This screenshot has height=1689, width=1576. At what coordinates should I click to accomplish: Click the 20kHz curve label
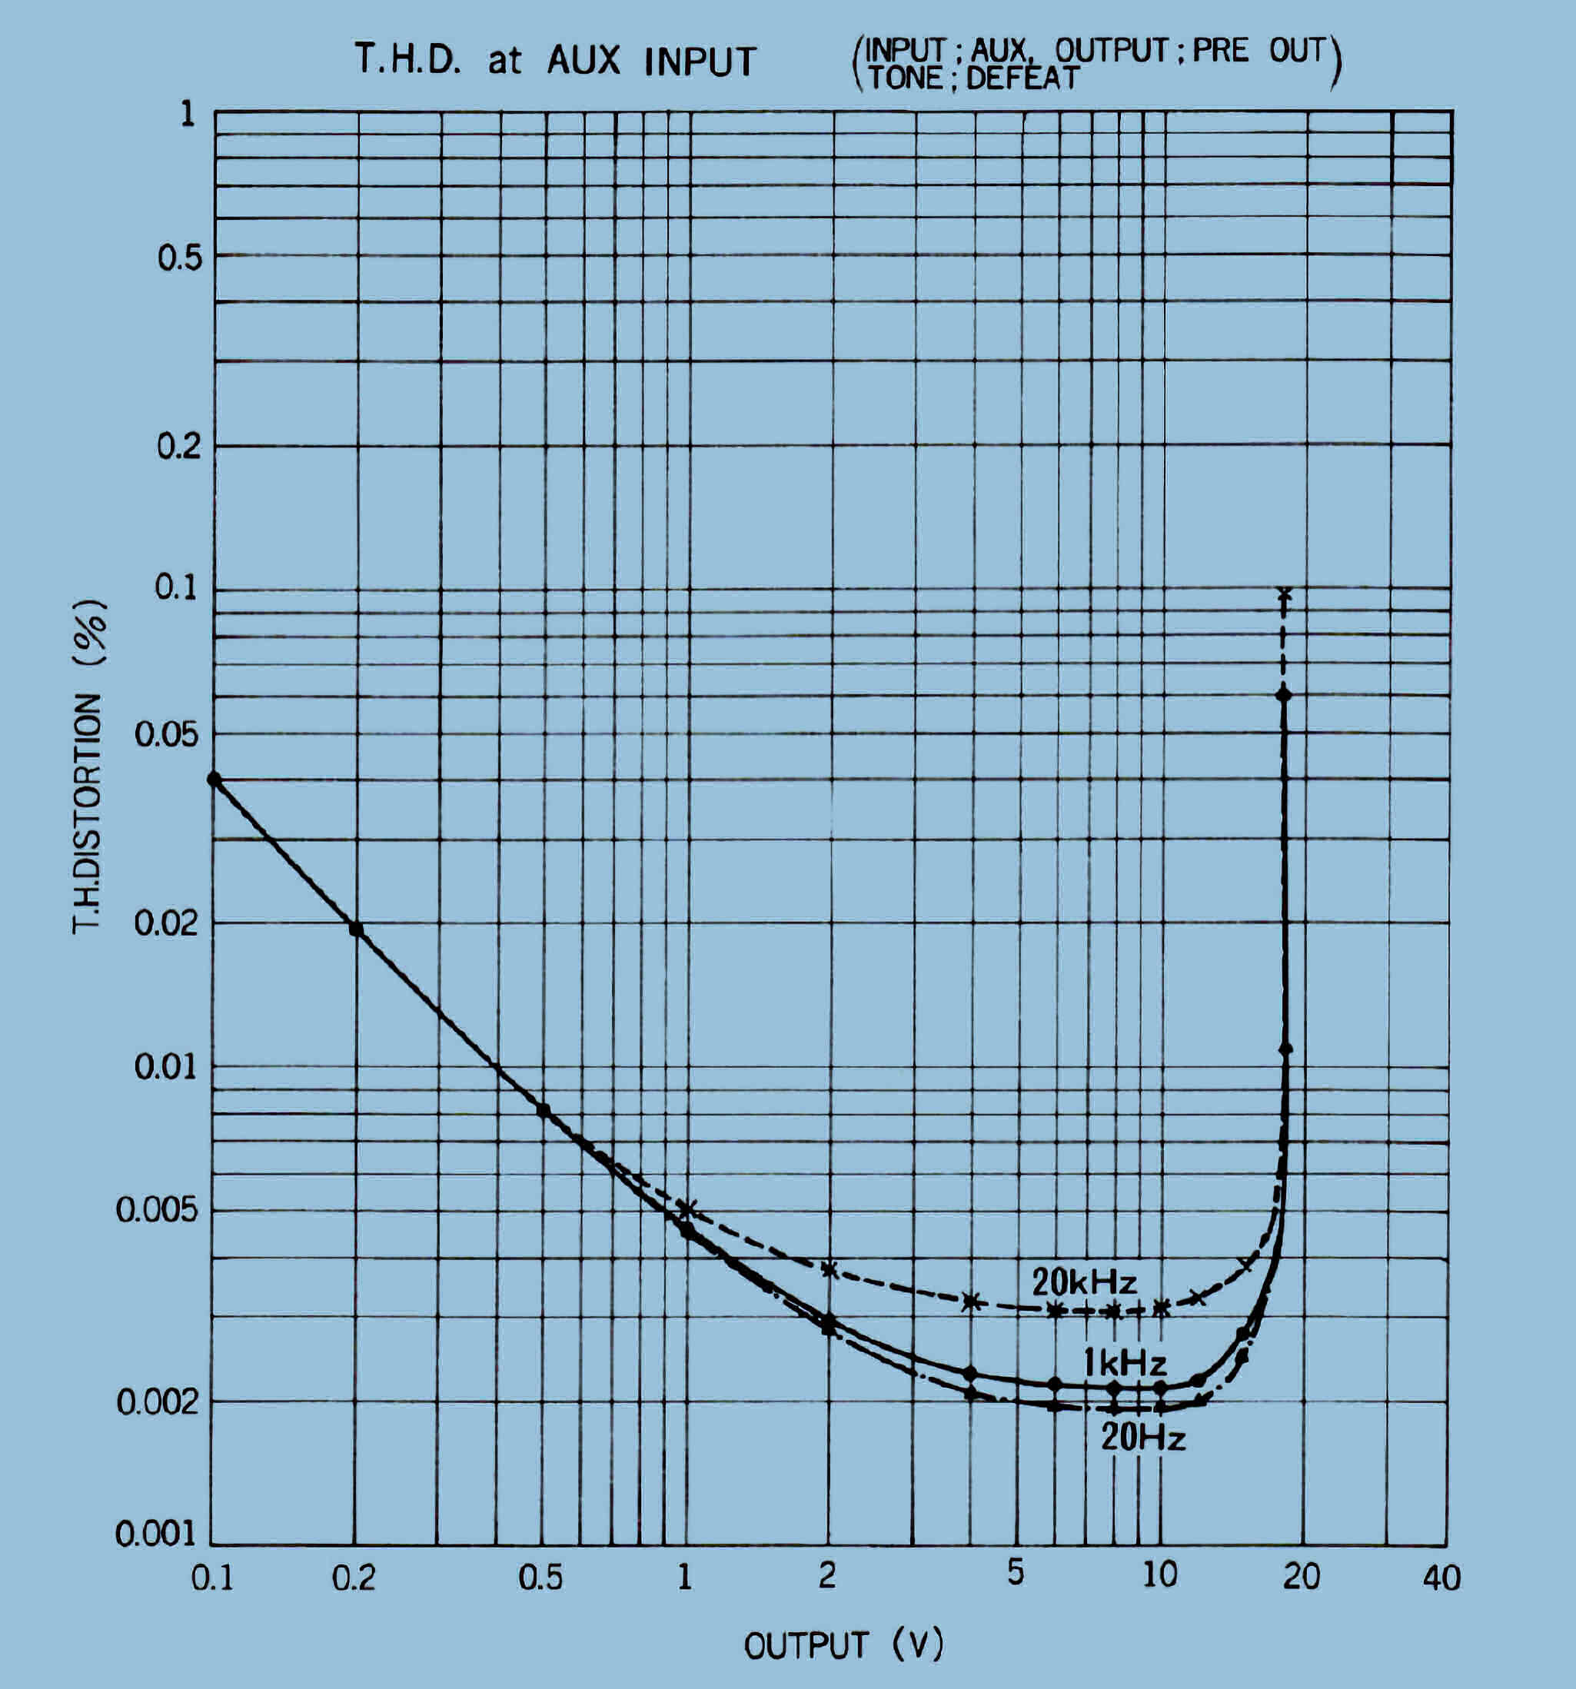(1083, 1282)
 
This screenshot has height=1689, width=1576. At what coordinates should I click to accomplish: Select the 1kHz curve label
(1124, 1364)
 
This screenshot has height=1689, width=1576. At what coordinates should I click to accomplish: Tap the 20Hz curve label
(1142, 1438)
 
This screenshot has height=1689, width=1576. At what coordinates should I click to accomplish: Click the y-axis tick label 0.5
(180, 258)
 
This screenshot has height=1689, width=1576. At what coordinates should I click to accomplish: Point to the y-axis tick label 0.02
(168, 923)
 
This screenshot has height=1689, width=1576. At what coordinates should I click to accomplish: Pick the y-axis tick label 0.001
(155, 1534)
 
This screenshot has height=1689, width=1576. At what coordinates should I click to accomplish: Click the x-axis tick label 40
(1441, 1578)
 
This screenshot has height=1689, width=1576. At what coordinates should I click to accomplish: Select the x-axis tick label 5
(1016, 1574)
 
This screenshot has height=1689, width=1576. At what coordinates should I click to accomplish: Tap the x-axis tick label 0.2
(354, 1578)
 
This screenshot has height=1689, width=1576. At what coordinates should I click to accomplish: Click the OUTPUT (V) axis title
(843, 1646)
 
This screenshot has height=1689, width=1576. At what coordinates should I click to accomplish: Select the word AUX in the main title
(583, 62)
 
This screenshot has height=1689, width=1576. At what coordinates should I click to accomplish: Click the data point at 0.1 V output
(214, 779)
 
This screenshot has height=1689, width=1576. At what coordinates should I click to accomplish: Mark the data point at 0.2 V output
(356, 929)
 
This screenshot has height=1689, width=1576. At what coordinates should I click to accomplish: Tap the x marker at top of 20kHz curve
(1285, 593)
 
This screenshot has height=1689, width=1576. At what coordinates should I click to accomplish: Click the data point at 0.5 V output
(544, 1110)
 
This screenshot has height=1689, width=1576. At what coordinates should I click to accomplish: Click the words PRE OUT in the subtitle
(1258, 51)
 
